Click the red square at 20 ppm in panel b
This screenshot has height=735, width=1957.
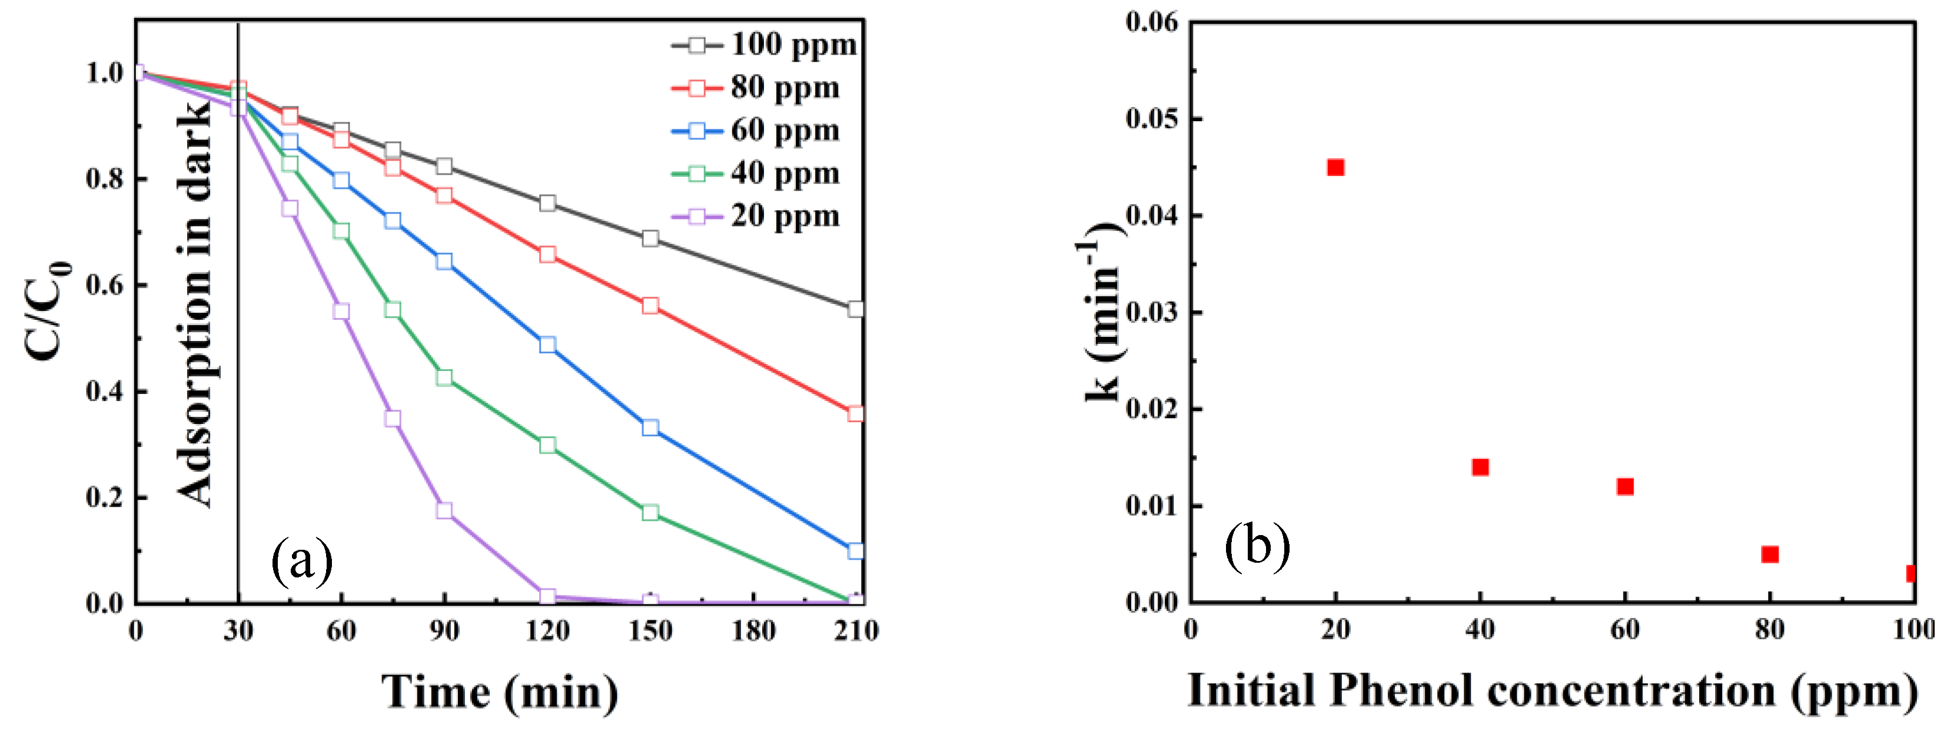pyautogui.click(x=1335, y=167)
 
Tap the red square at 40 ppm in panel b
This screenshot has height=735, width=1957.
pyautogui.click(x=1480, y=467)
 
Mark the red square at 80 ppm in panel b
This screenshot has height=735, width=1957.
pyautogui.click(x=1770, y=554)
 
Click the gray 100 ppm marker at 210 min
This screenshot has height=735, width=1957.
pyautogui.click(x=855, y=309)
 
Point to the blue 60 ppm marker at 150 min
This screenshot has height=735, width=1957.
pyautogui.click(x=650, y=427)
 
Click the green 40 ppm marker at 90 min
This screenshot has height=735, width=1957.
pyautogui.click(x=444, y=378)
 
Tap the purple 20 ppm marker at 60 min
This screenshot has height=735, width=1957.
pyautogui.click(x=341, y=311)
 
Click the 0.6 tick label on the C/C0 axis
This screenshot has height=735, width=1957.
pyautogui.click(x=105, y=286)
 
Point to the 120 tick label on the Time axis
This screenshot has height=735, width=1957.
pyautogui.click(x=547, y=631)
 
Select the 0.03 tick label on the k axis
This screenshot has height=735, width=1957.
pyautogui.click(x=1152, y=313)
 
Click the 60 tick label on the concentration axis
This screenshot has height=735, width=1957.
pyautogui.click(x=1625, y=630)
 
